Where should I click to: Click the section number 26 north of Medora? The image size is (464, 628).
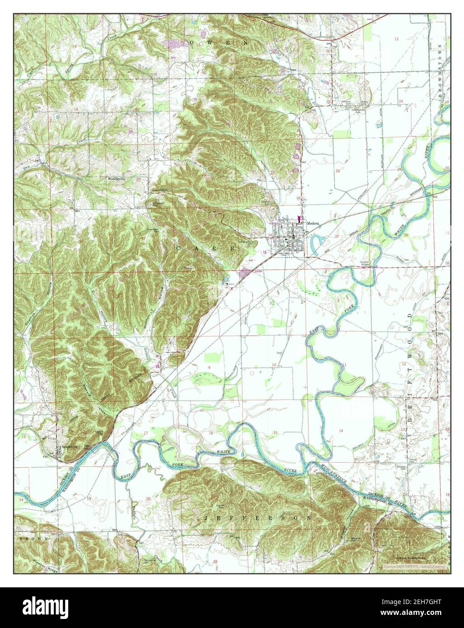(337, 171)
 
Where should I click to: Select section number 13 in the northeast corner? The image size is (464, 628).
(396, 40)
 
